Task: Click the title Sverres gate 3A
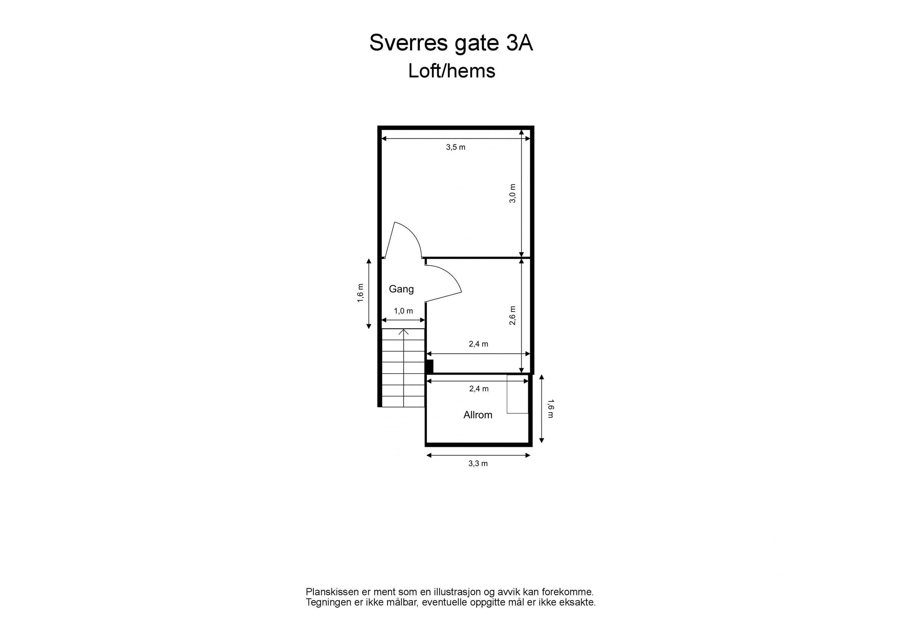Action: tap(451, 43)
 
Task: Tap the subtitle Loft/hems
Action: tap(451, 71)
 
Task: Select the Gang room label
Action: tap(401, 289)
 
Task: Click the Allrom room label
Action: tap(478, 415)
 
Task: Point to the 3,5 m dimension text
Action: tap(455, 147)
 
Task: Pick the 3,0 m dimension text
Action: tap(512, 193)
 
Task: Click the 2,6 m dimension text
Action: tap(512, 316)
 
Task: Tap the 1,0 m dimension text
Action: tap(403, 311)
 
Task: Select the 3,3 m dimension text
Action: tap(478, 464)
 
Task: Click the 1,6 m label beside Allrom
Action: tap(550, 409)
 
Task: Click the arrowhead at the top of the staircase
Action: tap(403, 331)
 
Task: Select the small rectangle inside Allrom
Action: tap(517, 394)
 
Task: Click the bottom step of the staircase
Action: tap(403, 402)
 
